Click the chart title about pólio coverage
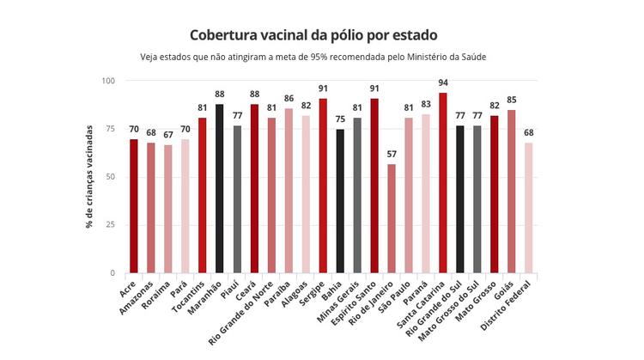point(313,35)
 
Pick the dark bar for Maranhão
point(220,189)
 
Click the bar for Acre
point(134,206)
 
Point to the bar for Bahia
point(340,201)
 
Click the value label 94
point(443,83)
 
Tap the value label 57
point(392,155)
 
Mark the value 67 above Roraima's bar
point(168,136)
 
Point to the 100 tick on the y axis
point(108,81)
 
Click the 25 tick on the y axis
point(111,225)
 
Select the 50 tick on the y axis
point(111,177)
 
